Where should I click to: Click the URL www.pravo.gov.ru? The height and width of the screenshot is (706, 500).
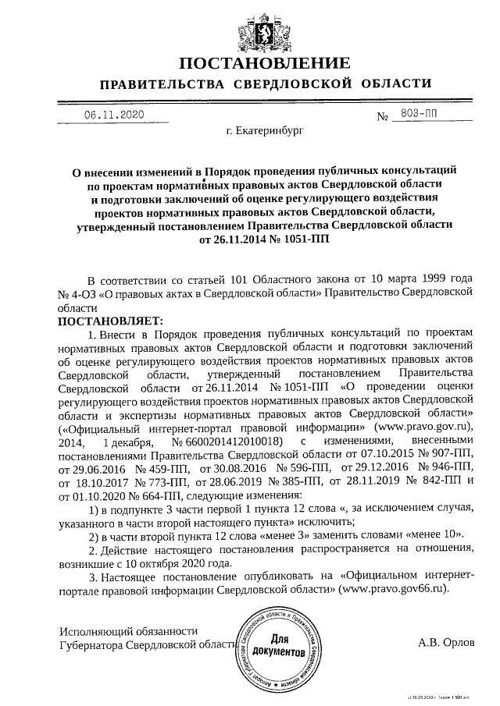pyautogui.click(x=425, y=427)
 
